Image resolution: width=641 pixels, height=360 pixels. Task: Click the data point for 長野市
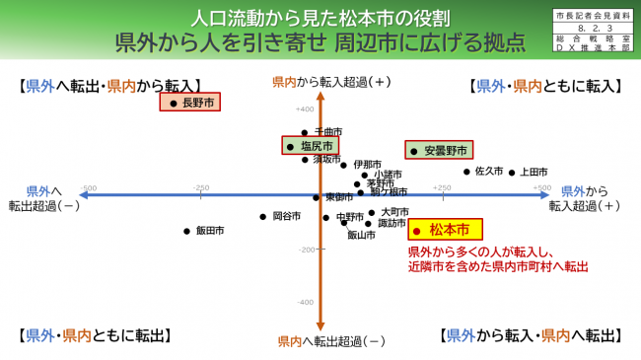point(175,103)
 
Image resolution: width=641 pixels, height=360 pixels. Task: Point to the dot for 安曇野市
point(415,152)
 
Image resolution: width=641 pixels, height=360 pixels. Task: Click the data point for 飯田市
point(186,231)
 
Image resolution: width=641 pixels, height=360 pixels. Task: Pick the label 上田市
point(534,172)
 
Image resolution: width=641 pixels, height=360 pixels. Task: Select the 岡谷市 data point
point(263,216)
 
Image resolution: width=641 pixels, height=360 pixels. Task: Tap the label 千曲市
point(327,131)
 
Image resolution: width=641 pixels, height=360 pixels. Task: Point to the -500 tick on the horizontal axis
point(88,187)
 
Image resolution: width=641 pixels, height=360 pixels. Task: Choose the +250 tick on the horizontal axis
point(441,187)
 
